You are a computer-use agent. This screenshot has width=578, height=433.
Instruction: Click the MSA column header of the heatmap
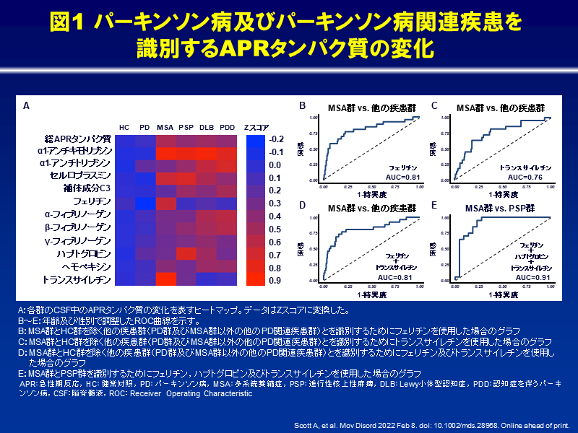click(x=165, y=126)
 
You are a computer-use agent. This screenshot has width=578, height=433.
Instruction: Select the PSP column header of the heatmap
click(x=186, y=126)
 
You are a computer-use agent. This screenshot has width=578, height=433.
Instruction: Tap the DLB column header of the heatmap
click(x=207, y=126)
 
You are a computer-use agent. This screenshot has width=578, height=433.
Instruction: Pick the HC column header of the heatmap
click(x=124, y=126)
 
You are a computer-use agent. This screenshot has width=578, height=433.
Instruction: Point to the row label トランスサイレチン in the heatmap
click(x=77, y=279)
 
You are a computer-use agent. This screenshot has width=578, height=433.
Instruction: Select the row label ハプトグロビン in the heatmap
click(x=85, y=254)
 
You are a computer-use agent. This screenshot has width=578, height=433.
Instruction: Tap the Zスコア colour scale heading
click(x=254, y=126)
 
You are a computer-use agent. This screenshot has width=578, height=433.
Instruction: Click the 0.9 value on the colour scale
click(x=275, y=280)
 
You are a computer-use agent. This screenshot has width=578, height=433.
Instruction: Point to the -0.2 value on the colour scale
click(x=276, y=139)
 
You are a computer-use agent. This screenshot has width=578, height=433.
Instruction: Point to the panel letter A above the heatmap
click(x=26, y=106)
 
